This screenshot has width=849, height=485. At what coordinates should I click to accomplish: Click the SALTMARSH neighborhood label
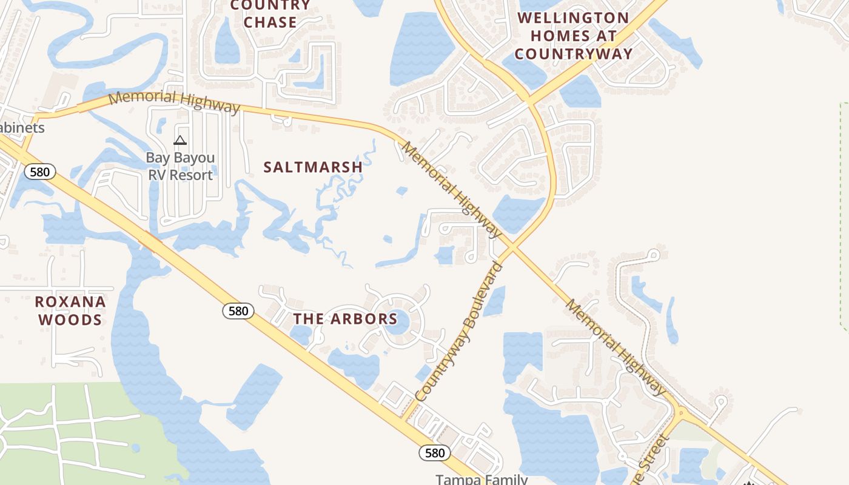[313, 167]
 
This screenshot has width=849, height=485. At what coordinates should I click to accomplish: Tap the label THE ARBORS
[345, 319]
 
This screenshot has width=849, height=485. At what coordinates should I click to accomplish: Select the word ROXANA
[70, 302]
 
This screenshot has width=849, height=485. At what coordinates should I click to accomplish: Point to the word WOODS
[70, 320]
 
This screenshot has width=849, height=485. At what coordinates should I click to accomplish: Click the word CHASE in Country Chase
[270, 22]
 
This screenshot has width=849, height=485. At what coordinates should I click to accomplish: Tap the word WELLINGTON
[573, 18]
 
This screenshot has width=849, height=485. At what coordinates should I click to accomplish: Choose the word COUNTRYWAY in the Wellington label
[573, 54]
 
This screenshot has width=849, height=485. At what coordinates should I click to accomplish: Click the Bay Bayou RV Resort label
[180, 167]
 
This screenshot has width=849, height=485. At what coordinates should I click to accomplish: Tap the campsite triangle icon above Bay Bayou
[180, 141]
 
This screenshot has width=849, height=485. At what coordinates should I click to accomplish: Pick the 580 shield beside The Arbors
[238, 311]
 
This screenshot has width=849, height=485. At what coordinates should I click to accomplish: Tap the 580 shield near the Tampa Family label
[435, 452]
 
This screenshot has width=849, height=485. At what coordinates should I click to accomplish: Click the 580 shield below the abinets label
[39, 172]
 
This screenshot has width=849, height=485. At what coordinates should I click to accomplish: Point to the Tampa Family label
[482, 479]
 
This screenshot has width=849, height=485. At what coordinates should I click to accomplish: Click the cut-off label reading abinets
[22, 128]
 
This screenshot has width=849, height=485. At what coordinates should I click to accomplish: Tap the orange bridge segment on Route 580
[150, 243]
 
